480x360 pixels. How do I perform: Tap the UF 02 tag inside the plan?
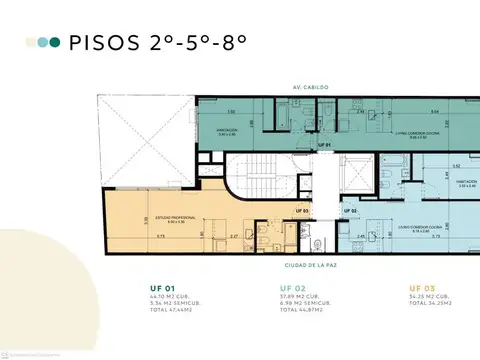point(350,211)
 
